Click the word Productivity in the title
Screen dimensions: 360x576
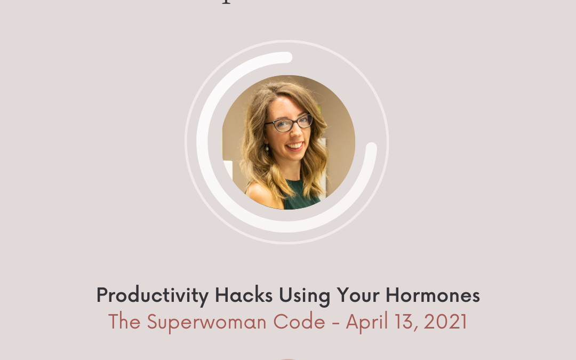click(x=152, y=295)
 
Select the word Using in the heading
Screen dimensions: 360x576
click(x=306, y=295)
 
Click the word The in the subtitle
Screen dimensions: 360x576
click(x=125, y=322)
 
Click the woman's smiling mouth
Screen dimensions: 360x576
click(x=295, y=146)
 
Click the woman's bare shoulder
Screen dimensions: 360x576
click(x=261, y=197)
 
